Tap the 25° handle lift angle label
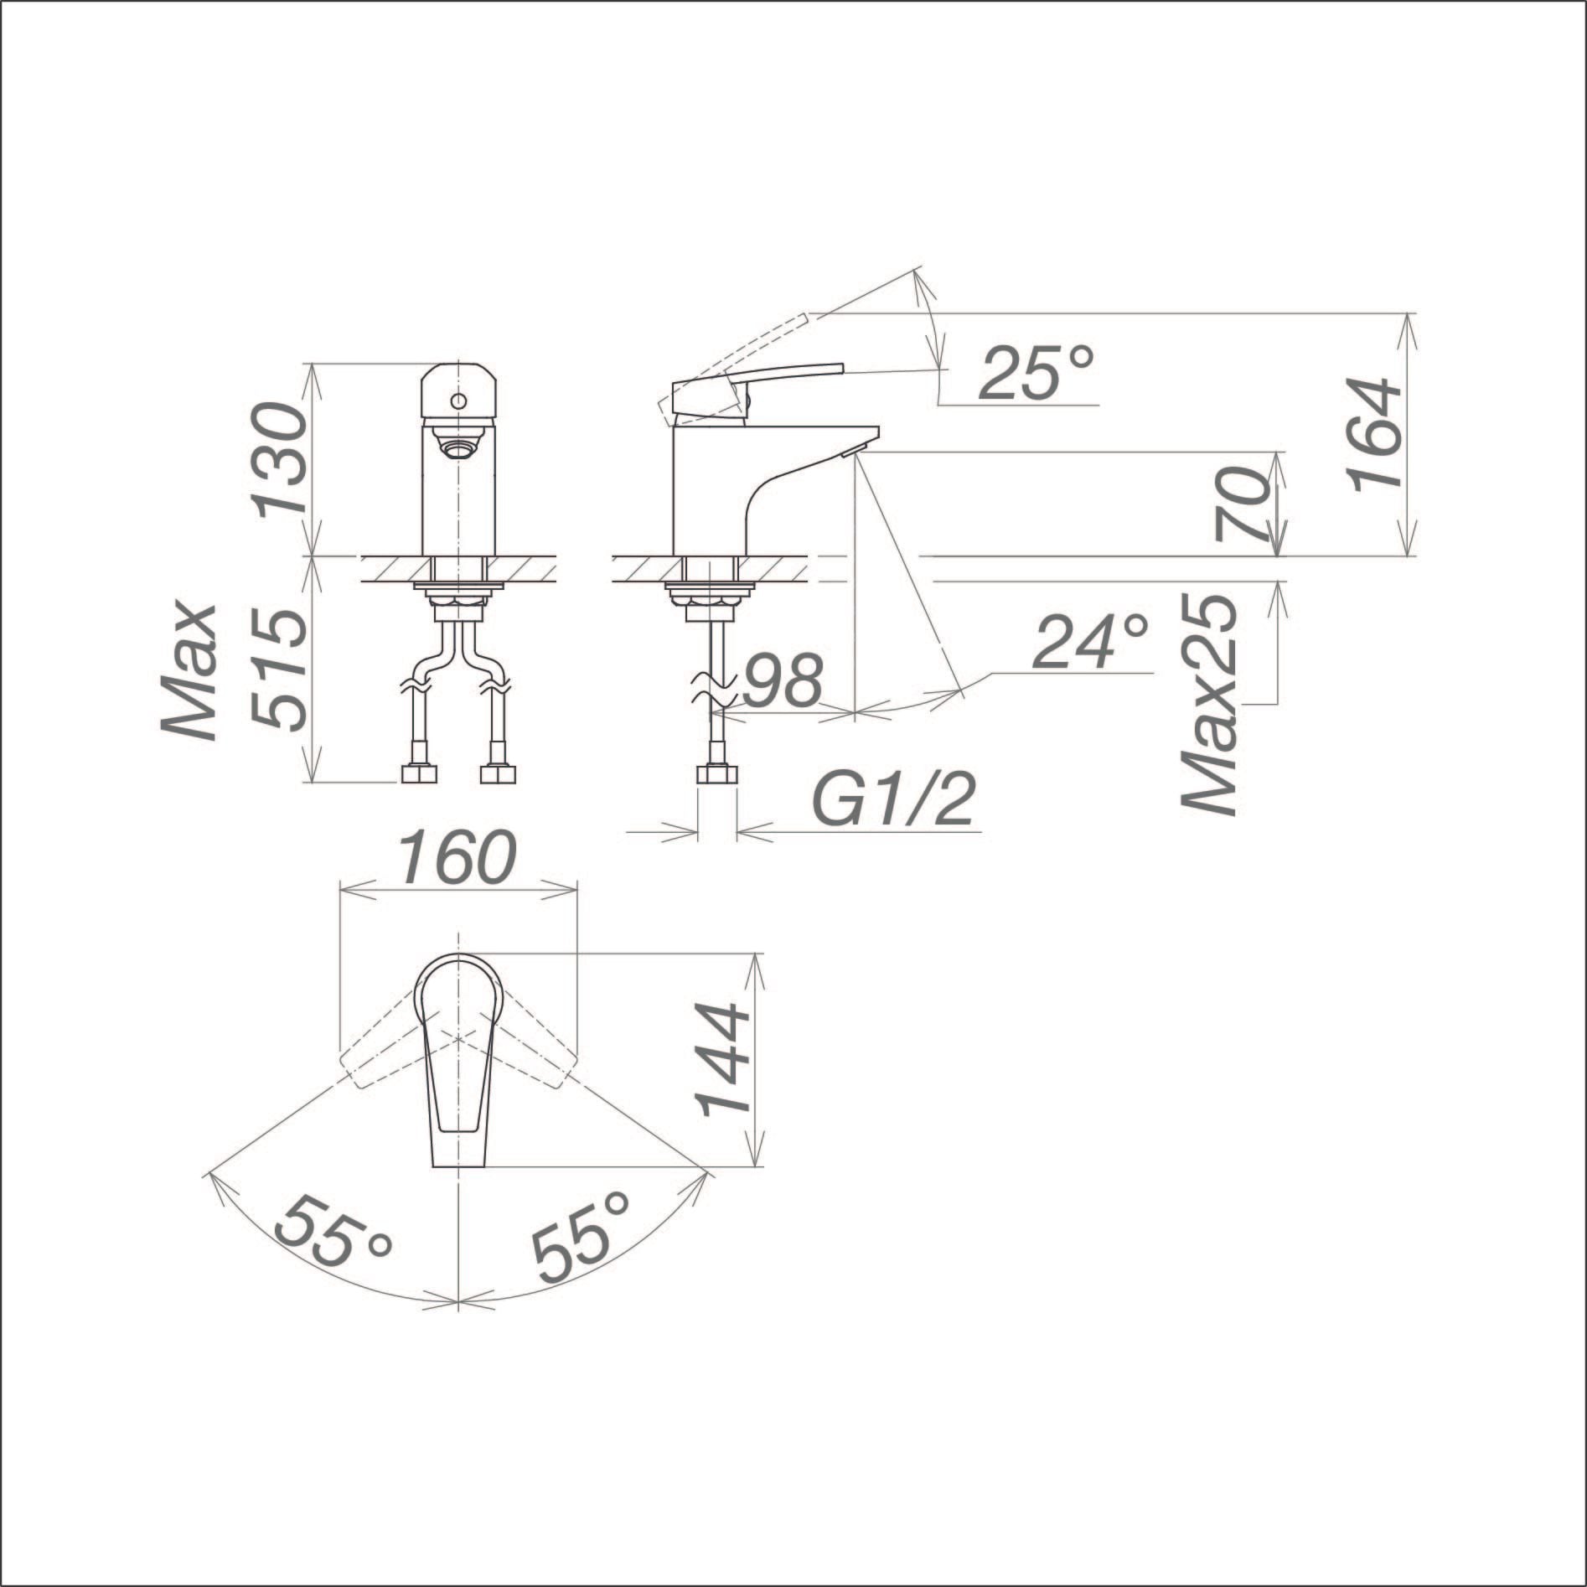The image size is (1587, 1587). pos(1036,372)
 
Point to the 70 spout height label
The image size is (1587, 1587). pos(1240,504)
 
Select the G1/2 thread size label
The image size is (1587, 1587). pos(894,801)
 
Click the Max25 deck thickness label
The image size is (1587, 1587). pos(1209,704)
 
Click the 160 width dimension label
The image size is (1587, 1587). pos(457,858)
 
